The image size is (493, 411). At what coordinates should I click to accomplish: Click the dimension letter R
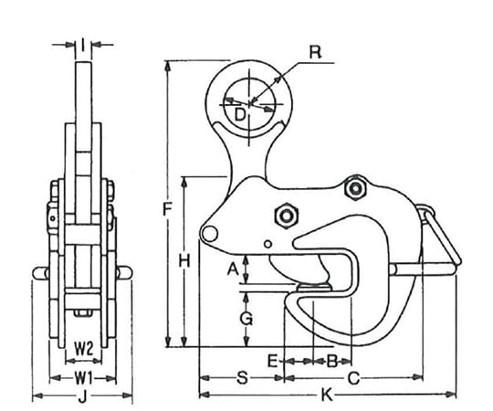315,52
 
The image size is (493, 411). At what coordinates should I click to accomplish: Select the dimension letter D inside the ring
240,114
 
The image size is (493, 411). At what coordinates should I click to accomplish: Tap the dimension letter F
168,209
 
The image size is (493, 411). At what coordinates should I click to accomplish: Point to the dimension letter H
184,261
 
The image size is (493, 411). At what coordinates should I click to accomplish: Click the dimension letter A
233,269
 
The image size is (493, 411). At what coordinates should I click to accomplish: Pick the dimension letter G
246,319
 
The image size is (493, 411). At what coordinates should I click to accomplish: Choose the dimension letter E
273,361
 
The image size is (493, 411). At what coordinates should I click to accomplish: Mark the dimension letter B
332,362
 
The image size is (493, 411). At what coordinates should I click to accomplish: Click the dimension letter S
242,378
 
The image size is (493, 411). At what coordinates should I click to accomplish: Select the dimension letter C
353,378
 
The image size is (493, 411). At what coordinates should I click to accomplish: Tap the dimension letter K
327,395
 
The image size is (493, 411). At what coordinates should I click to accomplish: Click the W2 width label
83,349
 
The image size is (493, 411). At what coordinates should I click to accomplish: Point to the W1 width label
83,378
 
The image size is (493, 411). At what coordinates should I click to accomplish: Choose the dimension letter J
82,397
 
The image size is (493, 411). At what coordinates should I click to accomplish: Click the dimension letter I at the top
83,45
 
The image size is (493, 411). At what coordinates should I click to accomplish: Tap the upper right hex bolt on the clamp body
355,188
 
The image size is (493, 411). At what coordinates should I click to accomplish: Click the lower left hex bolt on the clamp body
286,216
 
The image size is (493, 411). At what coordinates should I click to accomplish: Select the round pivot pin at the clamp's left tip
209,233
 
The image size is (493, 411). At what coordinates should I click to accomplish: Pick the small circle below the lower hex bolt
267,244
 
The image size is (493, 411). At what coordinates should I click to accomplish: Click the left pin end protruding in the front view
40,273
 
